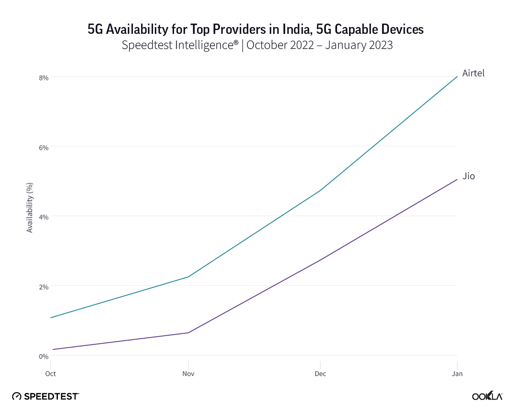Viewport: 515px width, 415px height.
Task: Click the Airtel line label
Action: click(x=473, y=73)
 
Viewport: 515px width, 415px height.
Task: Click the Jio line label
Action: click(x=469, y=176)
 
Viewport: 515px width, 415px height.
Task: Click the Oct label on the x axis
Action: click(x=51, y=374)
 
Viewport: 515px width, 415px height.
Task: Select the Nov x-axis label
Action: click(x=188, y=374)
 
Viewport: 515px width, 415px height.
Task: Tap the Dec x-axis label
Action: click(x=320, y=374)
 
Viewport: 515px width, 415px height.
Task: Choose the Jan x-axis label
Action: click(x=457, y=374)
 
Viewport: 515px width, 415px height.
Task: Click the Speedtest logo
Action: click(x=45, y=396)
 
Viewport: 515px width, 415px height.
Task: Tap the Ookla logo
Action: click(x=487, y=396)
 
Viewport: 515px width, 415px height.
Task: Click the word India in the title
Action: click(x=289, y=29)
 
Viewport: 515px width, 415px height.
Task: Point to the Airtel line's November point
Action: click(x=188, y=277)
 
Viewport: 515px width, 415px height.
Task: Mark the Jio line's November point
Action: click(x=188, y=333)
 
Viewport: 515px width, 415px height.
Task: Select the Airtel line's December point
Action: click(x=320, y=190)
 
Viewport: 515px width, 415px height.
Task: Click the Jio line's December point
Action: click(x=320, y=260)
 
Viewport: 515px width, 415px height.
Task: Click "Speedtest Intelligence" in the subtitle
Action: click(x=180, y=45)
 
